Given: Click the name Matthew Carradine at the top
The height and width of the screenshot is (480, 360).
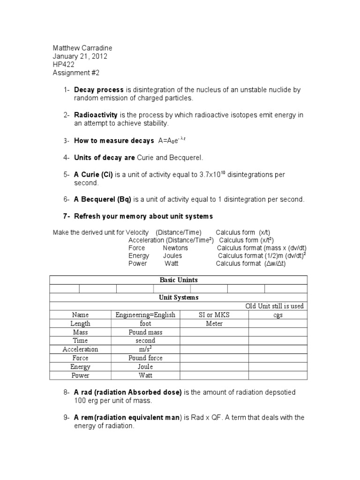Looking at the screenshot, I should [82, 48].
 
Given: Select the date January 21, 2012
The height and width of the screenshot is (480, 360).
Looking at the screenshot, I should [80, 56].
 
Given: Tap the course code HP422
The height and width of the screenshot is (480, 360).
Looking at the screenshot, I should [64, 65].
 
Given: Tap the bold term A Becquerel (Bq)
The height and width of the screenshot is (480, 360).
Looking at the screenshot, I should [103, 199].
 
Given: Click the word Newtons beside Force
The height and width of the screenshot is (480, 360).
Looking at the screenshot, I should [175, 247].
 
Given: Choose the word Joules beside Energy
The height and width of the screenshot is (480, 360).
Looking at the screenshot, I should [172, 256].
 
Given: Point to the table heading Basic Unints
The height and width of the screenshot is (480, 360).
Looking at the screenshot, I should [179, 280].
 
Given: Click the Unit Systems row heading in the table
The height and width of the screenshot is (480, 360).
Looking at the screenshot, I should [179, 298].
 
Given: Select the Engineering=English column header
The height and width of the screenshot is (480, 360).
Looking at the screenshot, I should [145, 315].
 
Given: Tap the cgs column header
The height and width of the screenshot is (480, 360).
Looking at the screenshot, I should [278, 315].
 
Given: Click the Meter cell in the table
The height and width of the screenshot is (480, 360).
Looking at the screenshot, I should [214, 323].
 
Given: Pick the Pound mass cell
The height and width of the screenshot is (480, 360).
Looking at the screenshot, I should [145, 332].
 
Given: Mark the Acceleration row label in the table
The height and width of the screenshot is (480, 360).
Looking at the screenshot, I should [80, 349].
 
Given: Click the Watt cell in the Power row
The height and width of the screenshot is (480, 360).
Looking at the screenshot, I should [145, 375].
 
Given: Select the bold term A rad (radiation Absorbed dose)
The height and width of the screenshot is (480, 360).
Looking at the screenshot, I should [127, 392].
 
